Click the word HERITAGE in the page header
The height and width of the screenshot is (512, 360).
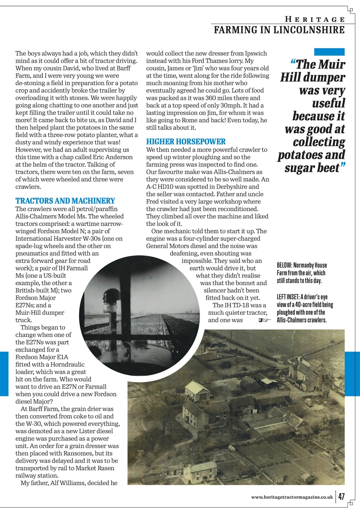point(315,19)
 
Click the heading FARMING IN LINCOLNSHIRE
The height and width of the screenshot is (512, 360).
point(279,30)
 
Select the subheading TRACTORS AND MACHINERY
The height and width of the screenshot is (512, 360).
point(65,201)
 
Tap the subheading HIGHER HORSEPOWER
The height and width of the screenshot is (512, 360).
point(186,142)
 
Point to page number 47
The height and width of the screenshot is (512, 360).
point(341,496)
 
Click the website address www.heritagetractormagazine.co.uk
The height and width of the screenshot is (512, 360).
point(292,497)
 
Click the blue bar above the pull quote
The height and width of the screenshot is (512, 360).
point(329,52)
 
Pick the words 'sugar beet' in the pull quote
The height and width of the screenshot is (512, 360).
point(312,167)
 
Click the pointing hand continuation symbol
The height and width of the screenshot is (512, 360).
point(264,320)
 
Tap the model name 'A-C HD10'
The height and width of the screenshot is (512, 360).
point(160,187)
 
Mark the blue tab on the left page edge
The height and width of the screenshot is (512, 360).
point(4,374)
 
